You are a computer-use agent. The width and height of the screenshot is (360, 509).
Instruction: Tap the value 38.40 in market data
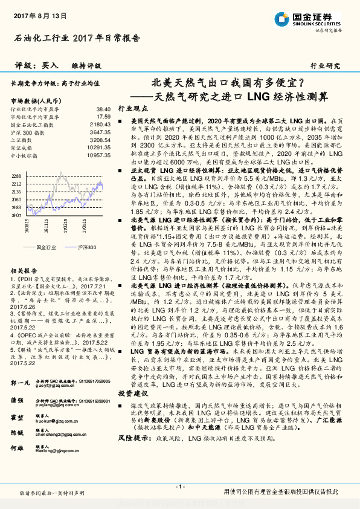pos(103,108)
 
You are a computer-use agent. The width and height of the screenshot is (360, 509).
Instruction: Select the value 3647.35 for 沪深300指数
pos(99,131)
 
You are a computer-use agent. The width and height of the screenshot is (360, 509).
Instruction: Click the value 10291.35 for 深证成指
pos(97,147)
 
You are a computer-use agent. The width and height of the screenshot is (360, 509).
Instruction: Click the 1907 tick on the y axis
pos(16,215)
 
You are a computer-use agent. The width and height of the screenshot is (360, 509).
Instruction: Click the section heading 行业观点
pos(133,108)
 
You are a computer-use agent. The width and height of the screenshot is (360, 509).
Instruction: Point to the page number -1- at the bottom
pos(179,487)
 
